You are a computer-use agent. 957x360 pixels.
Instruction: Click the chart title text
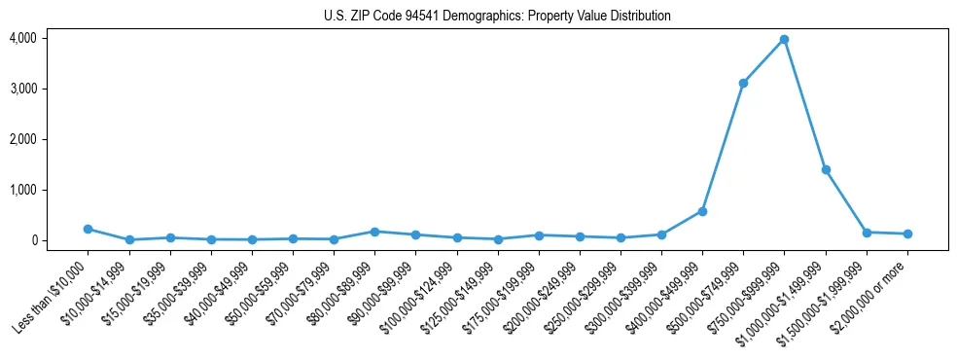(497, 17)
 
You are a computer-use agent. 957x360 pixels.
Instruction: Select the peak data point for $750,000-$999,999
(784, 40)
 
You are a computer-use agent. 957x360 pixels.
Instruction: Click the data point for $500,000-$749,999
(743, 84)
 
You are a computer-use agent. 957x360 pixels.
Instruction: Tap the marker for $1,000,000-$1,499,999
(826, 169)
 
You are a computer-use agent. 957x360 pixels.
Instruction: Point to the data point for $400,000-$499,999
(702, 211)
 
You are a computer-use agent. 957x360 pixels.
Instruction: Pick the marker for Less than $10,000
(88, 229)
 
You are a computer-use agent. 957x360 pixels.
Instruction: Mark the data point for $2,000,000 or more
(907, 234)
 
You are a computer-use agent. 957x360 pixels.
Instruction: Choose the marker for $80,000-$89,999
(374, 232)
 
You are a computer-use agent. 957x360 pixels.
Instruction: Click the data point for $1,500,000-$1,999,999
(867, 233)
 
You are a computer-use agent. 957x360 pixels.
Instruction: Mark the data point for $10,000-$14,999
(128, 239)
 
